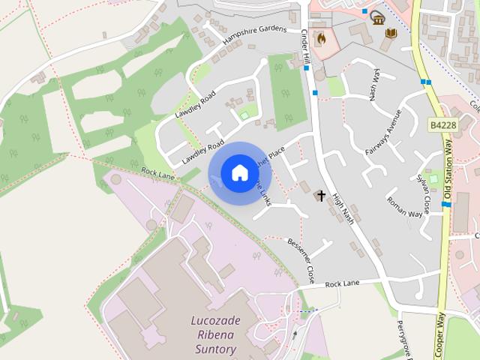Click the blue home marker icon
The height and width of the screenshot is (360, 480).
239,173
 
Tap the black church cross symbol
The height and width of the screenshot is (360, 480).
322,196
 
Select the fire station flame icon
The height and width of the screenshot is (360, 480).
322,37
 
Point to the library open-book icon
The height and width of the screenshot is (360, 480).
390,33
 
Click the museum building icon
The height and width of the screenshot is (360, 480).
378,17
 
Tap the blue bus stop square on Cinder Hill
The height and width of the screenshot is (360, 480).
314,93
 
